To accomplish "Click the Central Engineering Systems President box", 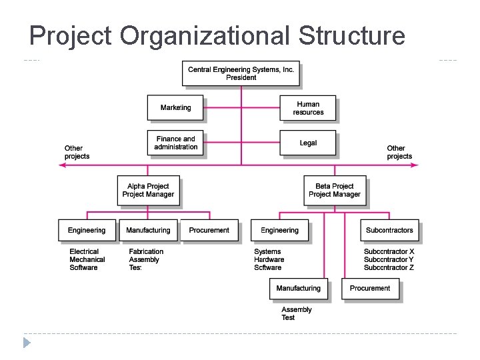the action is coord(241,73).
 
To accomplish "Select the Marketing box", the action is coord(175,108).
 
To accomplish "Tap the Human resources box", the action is coord(307,108).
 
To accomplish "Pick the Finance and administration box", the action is coord(175,143).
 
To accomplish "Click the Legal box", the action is coord(307,143).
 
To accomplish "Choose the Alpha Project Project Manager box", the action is coord(148,190).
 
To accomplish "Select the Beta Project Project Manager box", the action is coord(334,190).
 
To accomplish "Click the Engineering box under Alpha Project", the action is coord(87,231).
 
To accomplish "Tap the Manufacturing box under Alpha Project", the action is coord(148,231).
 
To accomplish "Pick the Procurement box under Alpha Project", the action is coord(209,231).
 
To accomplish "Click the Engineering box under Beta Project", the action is coord(279,231).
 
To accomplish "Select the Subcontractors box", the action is coord(389,231).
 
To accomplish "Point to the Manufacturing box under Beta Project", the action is coord(298,289).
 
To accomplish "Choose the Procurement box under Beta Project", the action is coord(370,289).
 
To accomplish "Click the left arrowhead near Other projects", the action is coord(62,165).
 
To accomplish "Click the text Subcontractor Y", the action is coord(389,260).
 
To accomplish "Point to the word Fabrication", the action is coord(146,252).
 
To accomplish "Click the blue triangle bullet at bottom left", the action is coord(27,343).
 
